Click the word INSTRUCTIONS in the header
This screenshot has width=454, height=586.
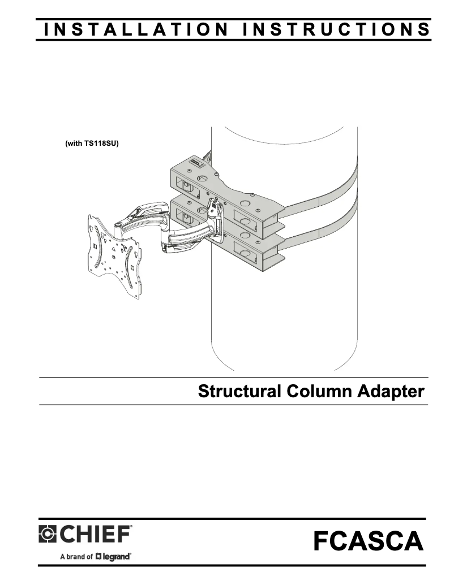[336, 29]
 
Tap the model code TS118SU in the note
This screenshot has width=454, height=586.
[100, 144]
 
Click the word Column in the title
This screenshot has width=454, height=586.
[319, 391]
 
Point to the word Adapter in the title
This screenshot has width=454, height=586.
[391, 392]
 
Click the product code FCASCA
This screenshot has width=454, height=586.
[369, 541]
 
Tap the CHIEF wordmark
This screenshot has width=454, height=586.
[95, 533]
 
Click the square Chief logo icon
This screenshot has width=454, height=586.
[48, 534]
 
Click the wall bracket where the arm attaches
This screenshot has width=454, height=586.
[215, 220]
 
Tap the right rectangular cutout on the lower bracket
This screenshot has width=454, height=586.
[246, 249]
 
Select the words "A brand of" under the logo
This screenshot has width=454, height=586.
[77, 557]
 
